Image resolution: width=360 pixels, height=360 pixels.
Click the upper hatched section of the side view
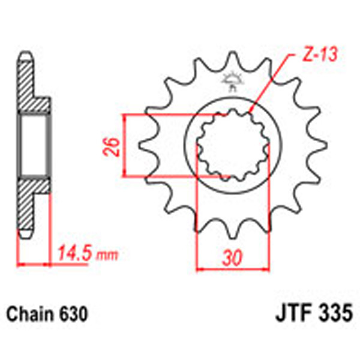tap(30, 87)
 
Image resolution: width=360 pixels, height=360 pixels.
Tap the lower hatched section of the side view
tap(30, 204)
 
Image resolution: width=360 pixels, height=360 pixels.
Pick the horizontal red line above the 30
tap(233, 269)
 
